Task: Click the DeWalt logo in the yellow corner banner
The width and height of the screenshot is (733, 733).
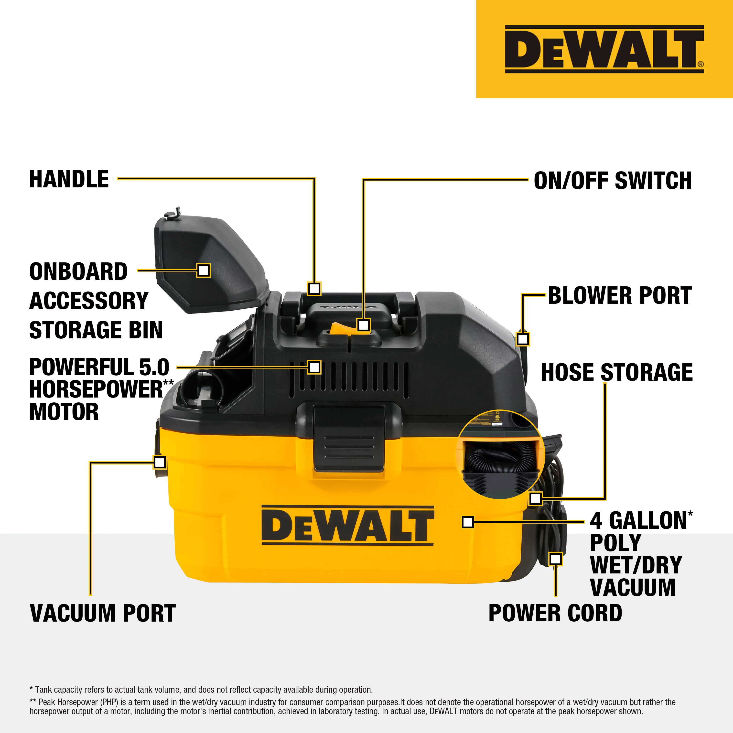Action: click(x=604, y=49)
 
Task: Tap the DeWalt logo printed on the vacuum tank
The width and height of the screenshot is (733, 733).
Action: click(x=347, y=526)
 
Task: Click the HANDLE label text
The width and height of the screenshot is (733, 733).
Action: click(x=69, y=179)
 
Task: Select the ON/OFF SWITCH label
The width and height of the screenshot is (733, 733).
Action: click(x=613, y=180)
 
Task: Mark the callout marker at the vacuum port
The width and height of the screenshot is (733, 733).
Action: click(x=160, y=462)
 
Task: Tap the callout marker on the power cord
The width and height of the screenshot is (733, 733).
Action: click(x=555, y=559)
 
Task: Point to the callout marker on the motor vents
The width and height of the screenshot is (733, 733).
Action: click(x=314, y=367)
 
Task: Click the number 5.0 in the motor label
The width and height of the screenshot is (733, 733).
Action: click(x=154, y=367)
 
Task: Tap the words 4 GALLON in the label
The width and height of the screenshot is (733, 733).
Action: click(x=638, y=520)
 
